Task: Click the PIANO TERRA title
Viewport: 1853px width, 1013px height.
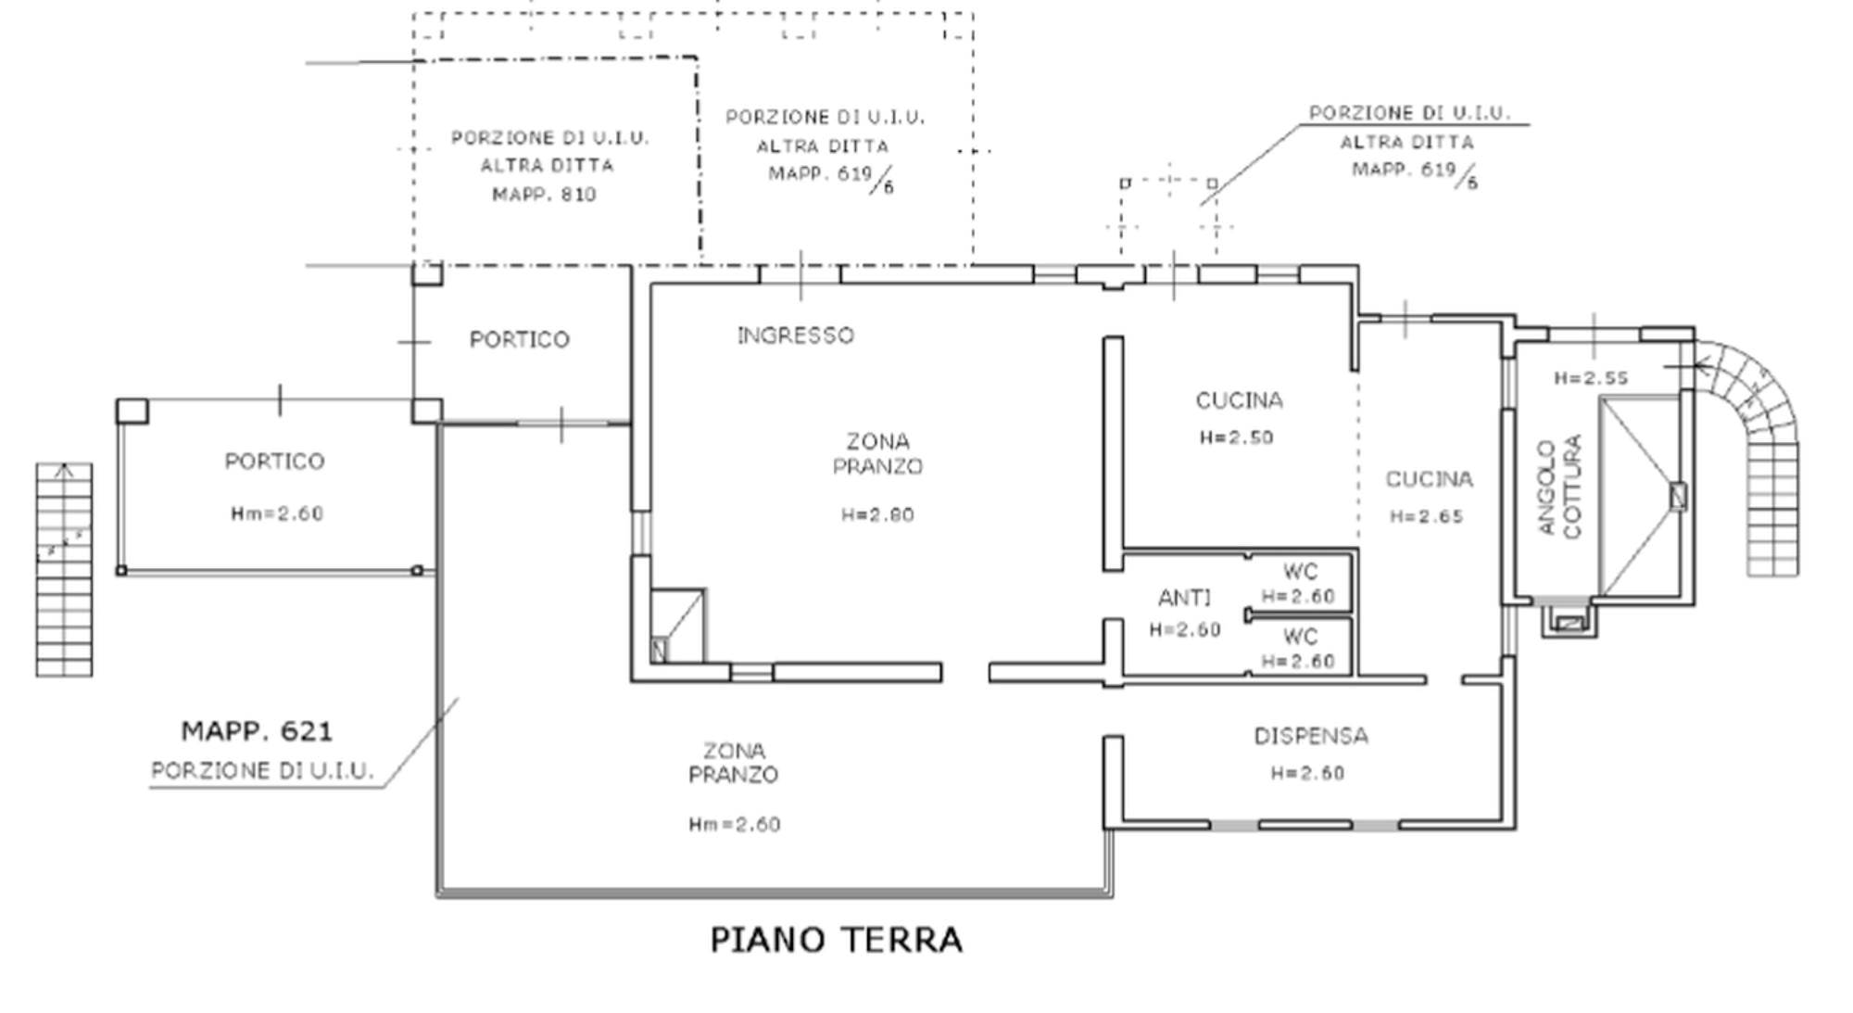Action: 837,940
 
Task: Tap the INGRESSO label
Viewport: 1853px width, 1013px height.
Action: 795,336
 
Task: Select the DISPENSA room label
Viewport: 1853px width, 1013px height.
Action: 1311,736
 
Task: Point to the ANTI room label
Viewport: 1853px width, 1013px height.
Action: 1184,598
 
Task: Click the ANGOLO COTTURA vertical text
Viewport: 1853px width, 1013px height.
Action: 1560,487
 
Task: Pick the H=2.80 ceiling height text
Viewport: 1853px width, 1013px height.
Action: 877,514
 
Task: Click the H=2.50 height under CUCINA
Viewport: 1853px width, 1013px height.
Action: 1236,437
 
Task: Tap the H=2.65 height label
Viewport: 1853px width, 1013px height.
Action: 1426,516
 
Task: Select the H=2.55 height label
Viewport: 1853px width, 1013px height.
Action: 1591,378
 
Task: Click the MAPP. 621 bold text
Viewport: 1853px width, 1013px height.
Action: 257,731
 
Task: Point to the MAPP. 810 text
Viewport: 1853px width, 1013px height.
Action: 544,195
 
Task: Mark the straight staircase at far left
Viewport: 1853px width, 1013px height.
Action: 64,569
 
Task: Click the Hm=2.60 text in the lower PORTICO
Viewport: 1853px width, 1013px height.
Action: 277,513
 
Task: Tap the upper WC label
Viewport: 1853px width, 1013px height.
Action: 1300,572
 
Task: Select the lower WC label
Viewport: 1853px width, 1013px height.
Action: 1300,637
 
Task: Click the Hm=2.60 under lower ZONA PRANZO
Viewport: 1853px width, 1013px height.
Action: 735,824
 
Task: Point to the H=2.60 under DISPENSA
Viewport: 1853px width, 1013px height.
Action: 1307,773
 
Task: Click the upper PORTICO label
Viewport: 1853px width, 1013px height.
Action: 519,340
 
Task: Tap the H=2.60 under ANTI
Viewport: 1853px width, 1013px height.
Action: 1185,630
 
